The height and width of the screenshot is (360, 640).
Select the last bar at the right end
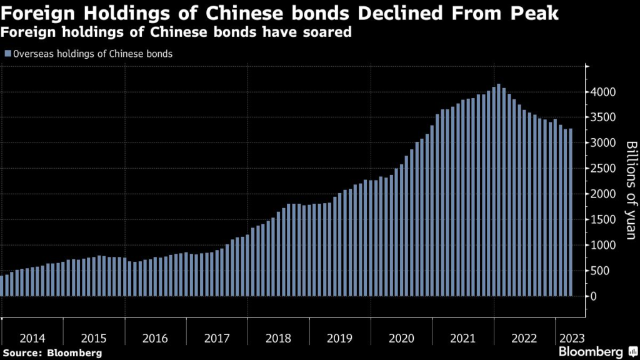[x=570, y=212]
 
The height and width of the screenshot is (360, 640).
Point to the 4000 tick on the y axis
[x=604, y=92]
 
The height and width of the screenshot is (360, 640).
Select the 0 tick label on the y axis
[x=596, y=296]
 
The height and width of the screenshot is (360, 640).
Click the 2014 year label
[x=32, y=338]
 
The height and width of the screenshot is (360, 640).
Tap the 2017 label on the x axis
[x=217, y=338]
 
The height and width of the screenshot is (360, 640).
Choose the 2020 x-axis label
[x=401, y=338]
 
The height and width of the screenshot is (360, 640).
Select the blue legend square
[x=7, y=54]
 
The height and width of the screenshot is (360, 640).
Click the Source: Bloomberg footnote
[x=52, y=353]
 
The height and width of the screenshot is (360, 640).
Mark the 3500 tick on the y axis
[x=604, y=117]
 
